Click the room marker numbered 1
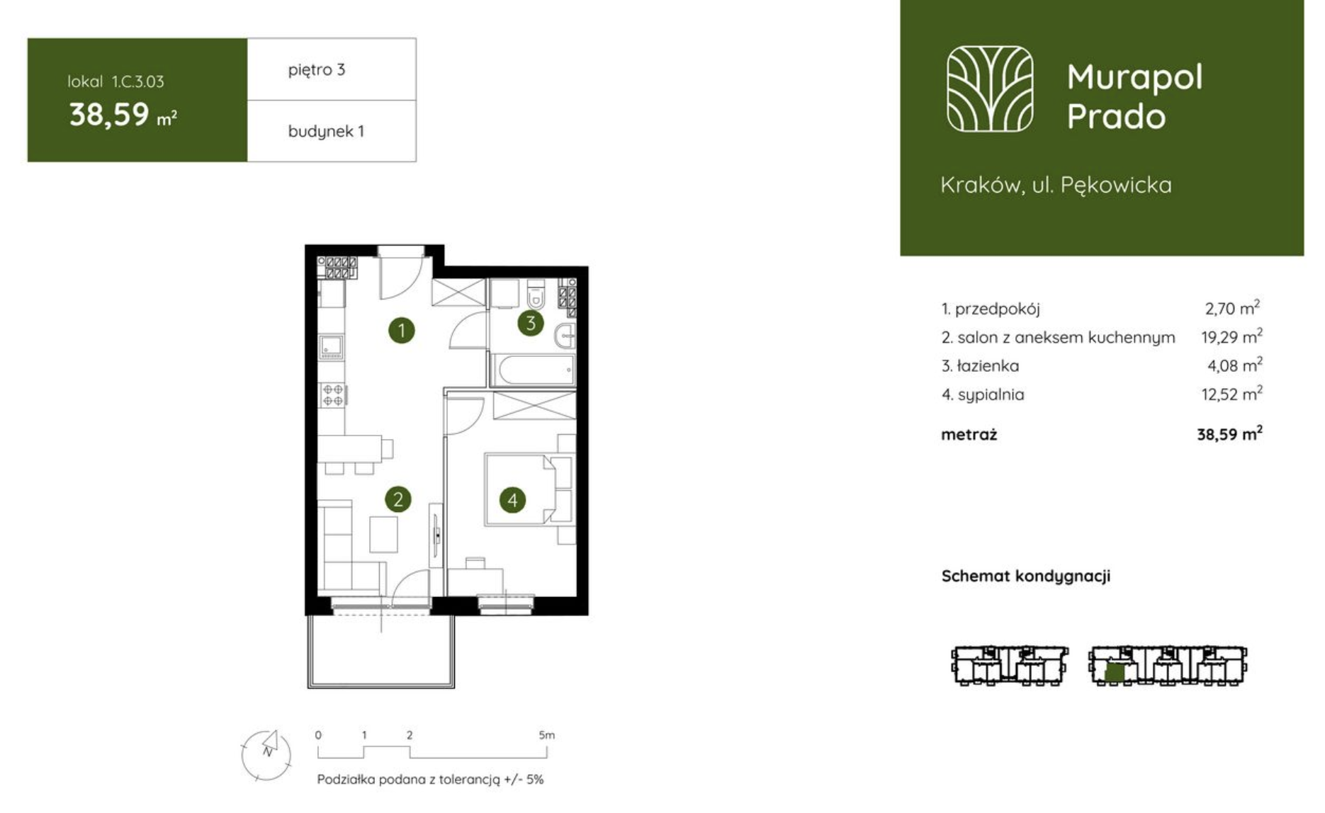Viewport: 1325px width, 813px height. [402, 330]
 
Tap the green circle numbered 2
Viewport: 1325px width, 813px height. [398, 499]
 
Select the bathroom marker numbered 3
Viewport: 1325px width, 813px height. [531, 324]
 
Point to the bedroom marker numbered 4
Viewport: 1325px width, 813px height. [512, 500]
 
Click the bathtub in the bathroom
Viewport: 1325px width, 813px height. [532, 370]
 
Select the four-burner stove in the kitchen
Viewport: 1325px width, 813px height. [333, 395]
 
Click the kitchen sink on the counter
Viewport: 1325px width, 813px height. [332, 346]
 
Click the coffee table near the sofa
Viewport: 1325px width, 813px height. [383, 535]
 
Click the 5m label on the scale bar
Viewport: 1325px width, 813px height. [546, 735]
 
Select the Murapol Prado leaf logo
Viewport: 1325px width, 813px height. [990, 89]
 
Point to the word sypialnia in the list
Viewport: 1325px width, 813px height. [991, 394]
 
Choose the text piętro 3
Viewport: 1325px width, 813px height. [316, 69]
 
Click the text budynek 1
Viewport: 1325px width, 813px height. [326, 131]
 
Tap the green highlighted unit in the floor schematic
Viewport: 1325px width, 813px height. [1115, 672]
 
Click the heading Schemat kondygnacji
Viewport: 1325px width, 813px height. [1026, 576]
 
